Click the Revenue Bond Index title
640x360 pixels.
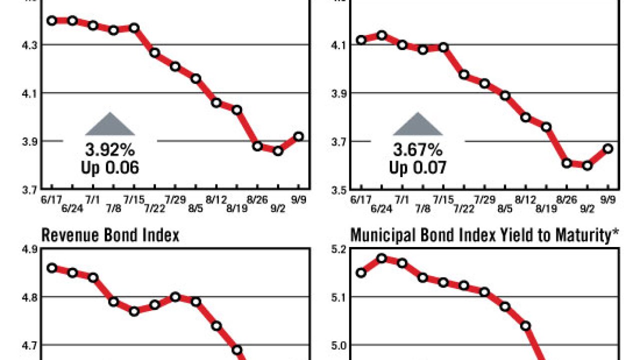point(110,235)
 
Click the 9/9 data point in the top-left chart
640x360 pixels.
point(299,136)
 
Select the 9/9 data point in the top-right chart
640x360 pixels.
point(608,148)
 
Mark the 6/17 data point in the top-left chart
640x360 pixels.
point(51,20)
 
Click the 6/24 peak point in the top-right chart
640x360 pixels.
point(382,35)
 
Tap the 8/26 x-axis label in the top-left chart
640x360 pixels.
point(257,199)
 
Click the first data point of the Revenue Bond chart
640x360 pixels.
point(51,268)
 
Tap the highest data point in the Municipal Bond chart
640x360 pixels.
point(382,258)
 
